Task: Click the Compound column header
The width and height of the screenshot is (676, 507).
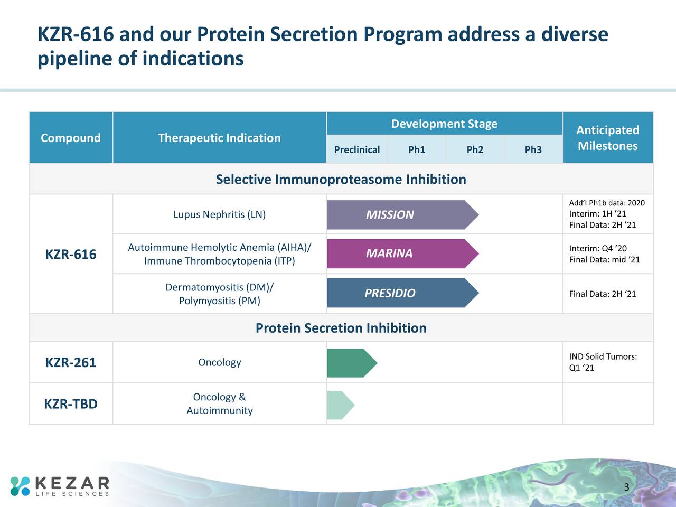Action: (x=71, y=138)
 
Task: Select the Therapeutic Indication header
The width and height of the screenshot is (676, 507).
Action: (x=219, y=138)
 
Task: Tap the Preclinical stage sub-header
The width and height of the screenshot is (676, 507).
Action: (x=357, y=149)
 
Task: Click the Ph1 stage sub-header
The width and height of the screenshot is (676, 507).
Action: (x=416, y=149)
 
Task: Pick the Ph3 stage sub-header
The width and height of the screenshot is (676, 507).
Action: (x=533, y=149)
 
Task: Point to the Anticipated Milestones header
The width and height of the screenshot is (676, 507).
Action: (x=608, y=138)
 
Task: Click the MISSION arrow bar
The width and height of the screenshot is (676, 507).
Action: (x=403, y=214)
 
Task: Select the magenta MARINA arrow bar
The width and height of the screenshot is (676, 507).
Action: (x=403, y=253)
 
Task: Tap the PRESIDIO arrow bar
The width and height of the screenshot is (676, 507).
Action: (x=403, y=293)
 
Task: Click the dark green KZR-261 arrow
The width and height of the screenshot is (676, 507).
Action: (x=352, y=363)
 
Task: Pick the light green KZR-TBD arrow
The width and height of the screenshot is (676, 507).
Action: (x=341, y=405)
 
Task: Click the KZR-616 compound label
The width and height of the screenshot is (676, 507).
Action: (x=71, y=254)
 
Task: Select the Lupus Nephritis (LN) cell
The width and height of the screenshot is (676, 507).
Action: (x=219, y=214)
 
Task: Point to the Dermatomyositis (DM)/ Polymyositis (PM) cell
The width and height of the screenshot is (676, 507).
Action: (x=219, y=294)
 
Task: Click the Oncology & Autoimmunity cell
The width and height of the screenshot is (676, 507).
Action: (x=219, y=403)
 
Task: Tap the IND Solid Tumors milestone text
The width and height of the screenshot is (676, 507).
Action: (x=603, y=362)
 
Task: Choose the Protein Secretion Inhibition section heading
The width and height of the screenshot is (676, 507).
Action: (x=341, y=328)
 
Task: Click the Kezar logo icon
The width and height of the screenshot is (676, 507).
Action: (x=20, y=486)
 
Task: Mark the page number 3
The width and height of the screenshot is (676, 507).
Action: (x=626, y=487)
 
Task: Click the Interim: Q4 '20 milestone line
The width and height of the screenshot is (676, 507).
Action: (x=598, y=248)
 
